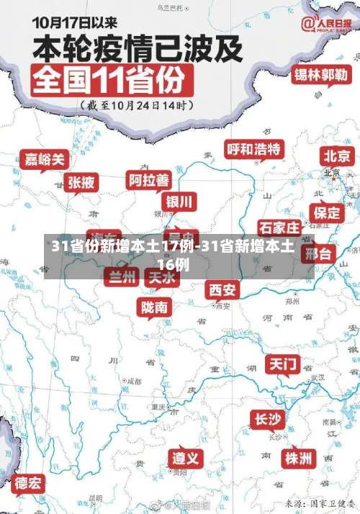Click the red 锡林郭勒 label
pyautogui.click(x=320, y=75)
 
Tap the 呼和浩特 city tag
pyautogui.click(x=254, y=150)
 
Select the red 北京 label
pyautogui.click(x=337, y=156)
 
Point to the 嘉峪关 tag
pyautogui.click(x=45, y=158)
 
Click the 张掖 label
pyautogui.click(x=81, y=182)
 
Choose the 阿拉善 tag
pyautogui.click(x=148, y=179)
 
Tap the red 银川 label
pyautogui.click(x=179, y=200)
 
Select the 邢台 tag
pyautogui.click(x=318, y=254)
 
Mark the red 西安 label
pyautogui.click(x=222, y=289)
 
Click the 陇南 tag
pyautogui.click(x=155, y=307)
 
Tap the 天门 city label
pyautogui.click(x=283, y=364)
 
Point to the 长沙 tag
pyautogui.click(x=268, y=419)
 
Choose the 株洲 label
pyautogui.click(x=297, y=458)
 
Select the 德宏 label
pyautogui.click(x=29, y=482)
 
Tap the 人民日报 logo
pyautogui.click(x=328, y=25)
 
